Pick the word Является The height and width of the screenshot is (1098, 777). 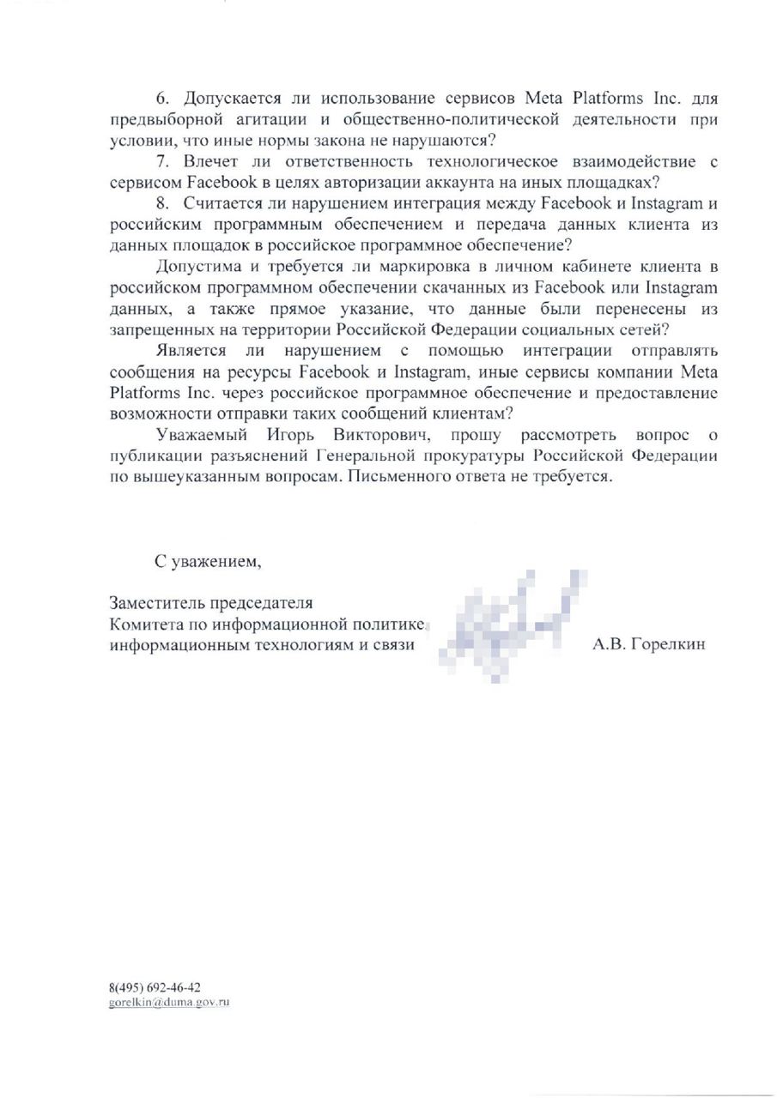click(191, 350)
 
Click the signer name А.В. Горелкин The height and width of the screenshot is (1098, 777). click(649, 644)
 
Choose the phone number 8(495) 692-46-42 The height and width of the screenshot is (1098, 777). click(155, 988)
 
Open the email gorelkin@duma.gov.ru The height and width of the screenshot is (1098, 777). click(169, 1002)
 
